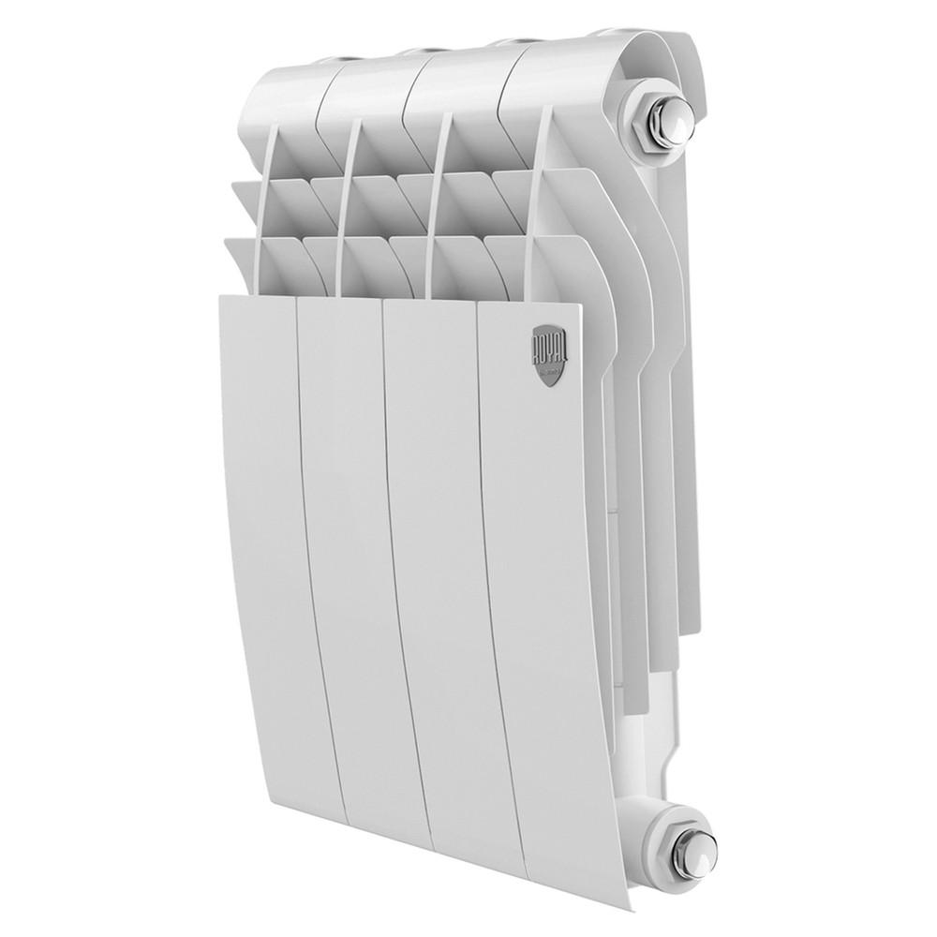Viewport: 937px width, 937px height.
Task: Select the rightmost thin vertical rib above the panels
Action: (536, 206)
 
